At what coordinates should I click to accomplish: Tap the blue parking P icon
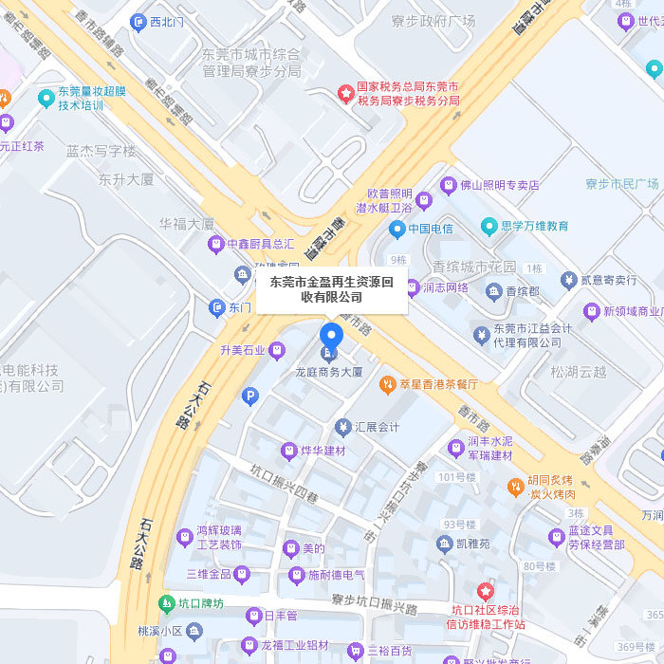click(x=250, y=397)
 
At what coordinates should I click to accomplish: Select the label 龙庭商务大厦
click(x=329, y=372)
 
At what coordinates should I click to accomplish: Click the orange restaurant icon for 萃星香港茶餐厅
click(x=387, y=384)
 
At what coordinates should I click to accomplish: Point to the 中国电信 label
click(x=431, y=229)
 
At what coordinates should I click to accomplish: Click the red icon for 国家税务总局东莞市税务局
click(x=347, y=93)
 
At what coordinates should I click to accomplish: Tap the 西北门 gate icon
click(x=138, y=21)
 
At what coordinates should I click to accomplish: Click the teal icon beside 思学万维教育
click(x=489, y=226)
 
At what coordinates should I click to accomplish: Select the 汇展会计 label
click(x=377, y=427)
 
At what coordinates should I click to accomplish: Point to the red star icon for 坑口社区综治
click(x=486, y=592)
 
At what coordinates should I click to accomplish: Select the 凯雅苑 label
click(x=472, y=544)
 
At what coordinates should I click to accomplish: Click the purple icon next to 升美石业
click(x=276, y=350)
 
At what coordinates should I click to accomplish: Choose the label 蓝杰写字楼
click(x=101, y=151)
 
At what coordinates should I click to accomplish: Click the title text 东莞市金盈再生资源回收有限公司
click(x=331, y=289)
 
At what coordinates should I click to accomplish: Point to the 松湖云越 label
click(x=579, y=372)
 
